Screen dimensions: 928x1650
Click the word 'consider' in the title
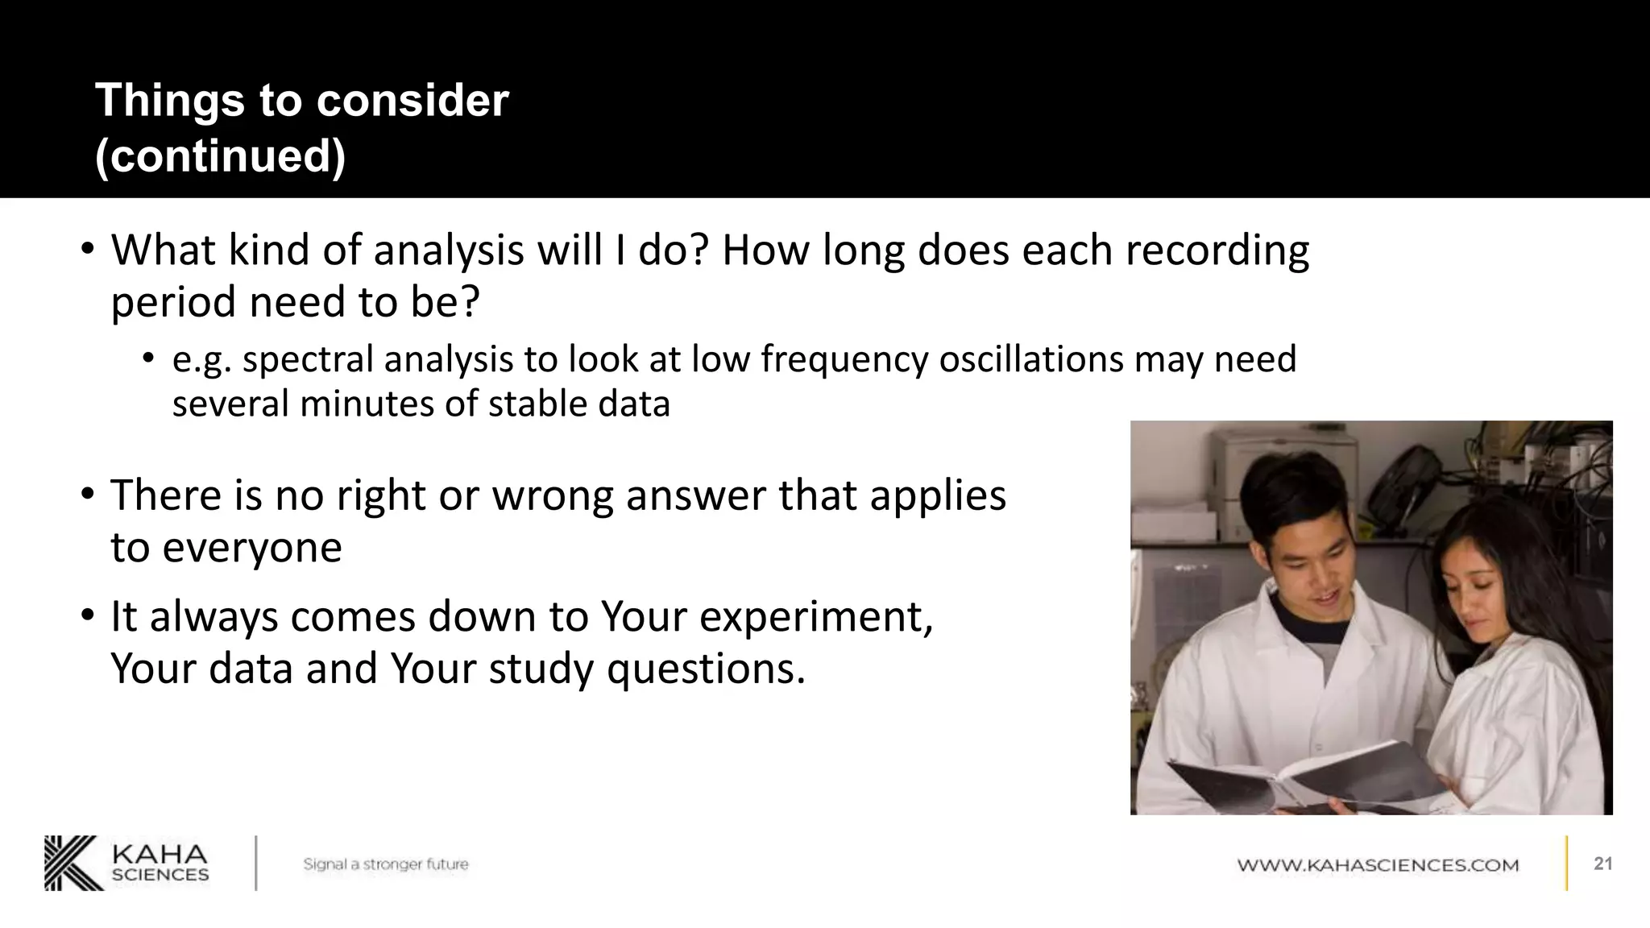[412, 101]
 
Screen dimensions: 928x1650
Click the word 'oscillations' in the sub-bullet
[1030, 359]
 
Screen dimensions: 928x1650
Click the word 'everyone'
[251, 548]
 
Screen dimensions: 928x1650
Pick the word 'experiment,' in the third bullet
[815, 617]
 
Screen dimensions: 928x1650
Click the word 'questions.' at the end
[706, 669]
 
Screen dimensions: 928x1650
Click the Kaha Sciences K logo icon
[73, 863]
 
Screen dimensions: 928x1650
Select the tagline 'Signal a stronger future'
[385, 864]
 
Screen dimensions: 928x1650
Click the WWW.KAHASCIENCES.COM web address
[1378, 865]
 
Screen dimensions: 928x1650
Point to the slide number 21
[1602, 864]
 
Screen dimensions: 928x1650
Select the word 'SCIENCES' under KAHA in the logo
[160, 875]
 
